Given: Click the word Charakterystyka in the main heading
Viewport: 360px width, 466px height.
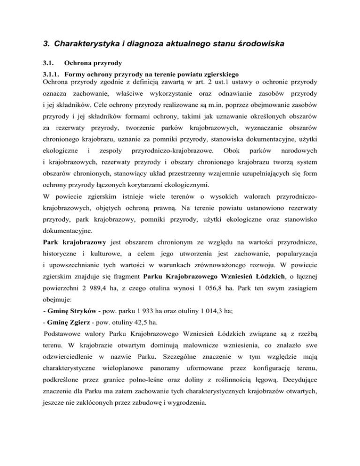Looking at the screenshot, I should pos(85,45).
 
